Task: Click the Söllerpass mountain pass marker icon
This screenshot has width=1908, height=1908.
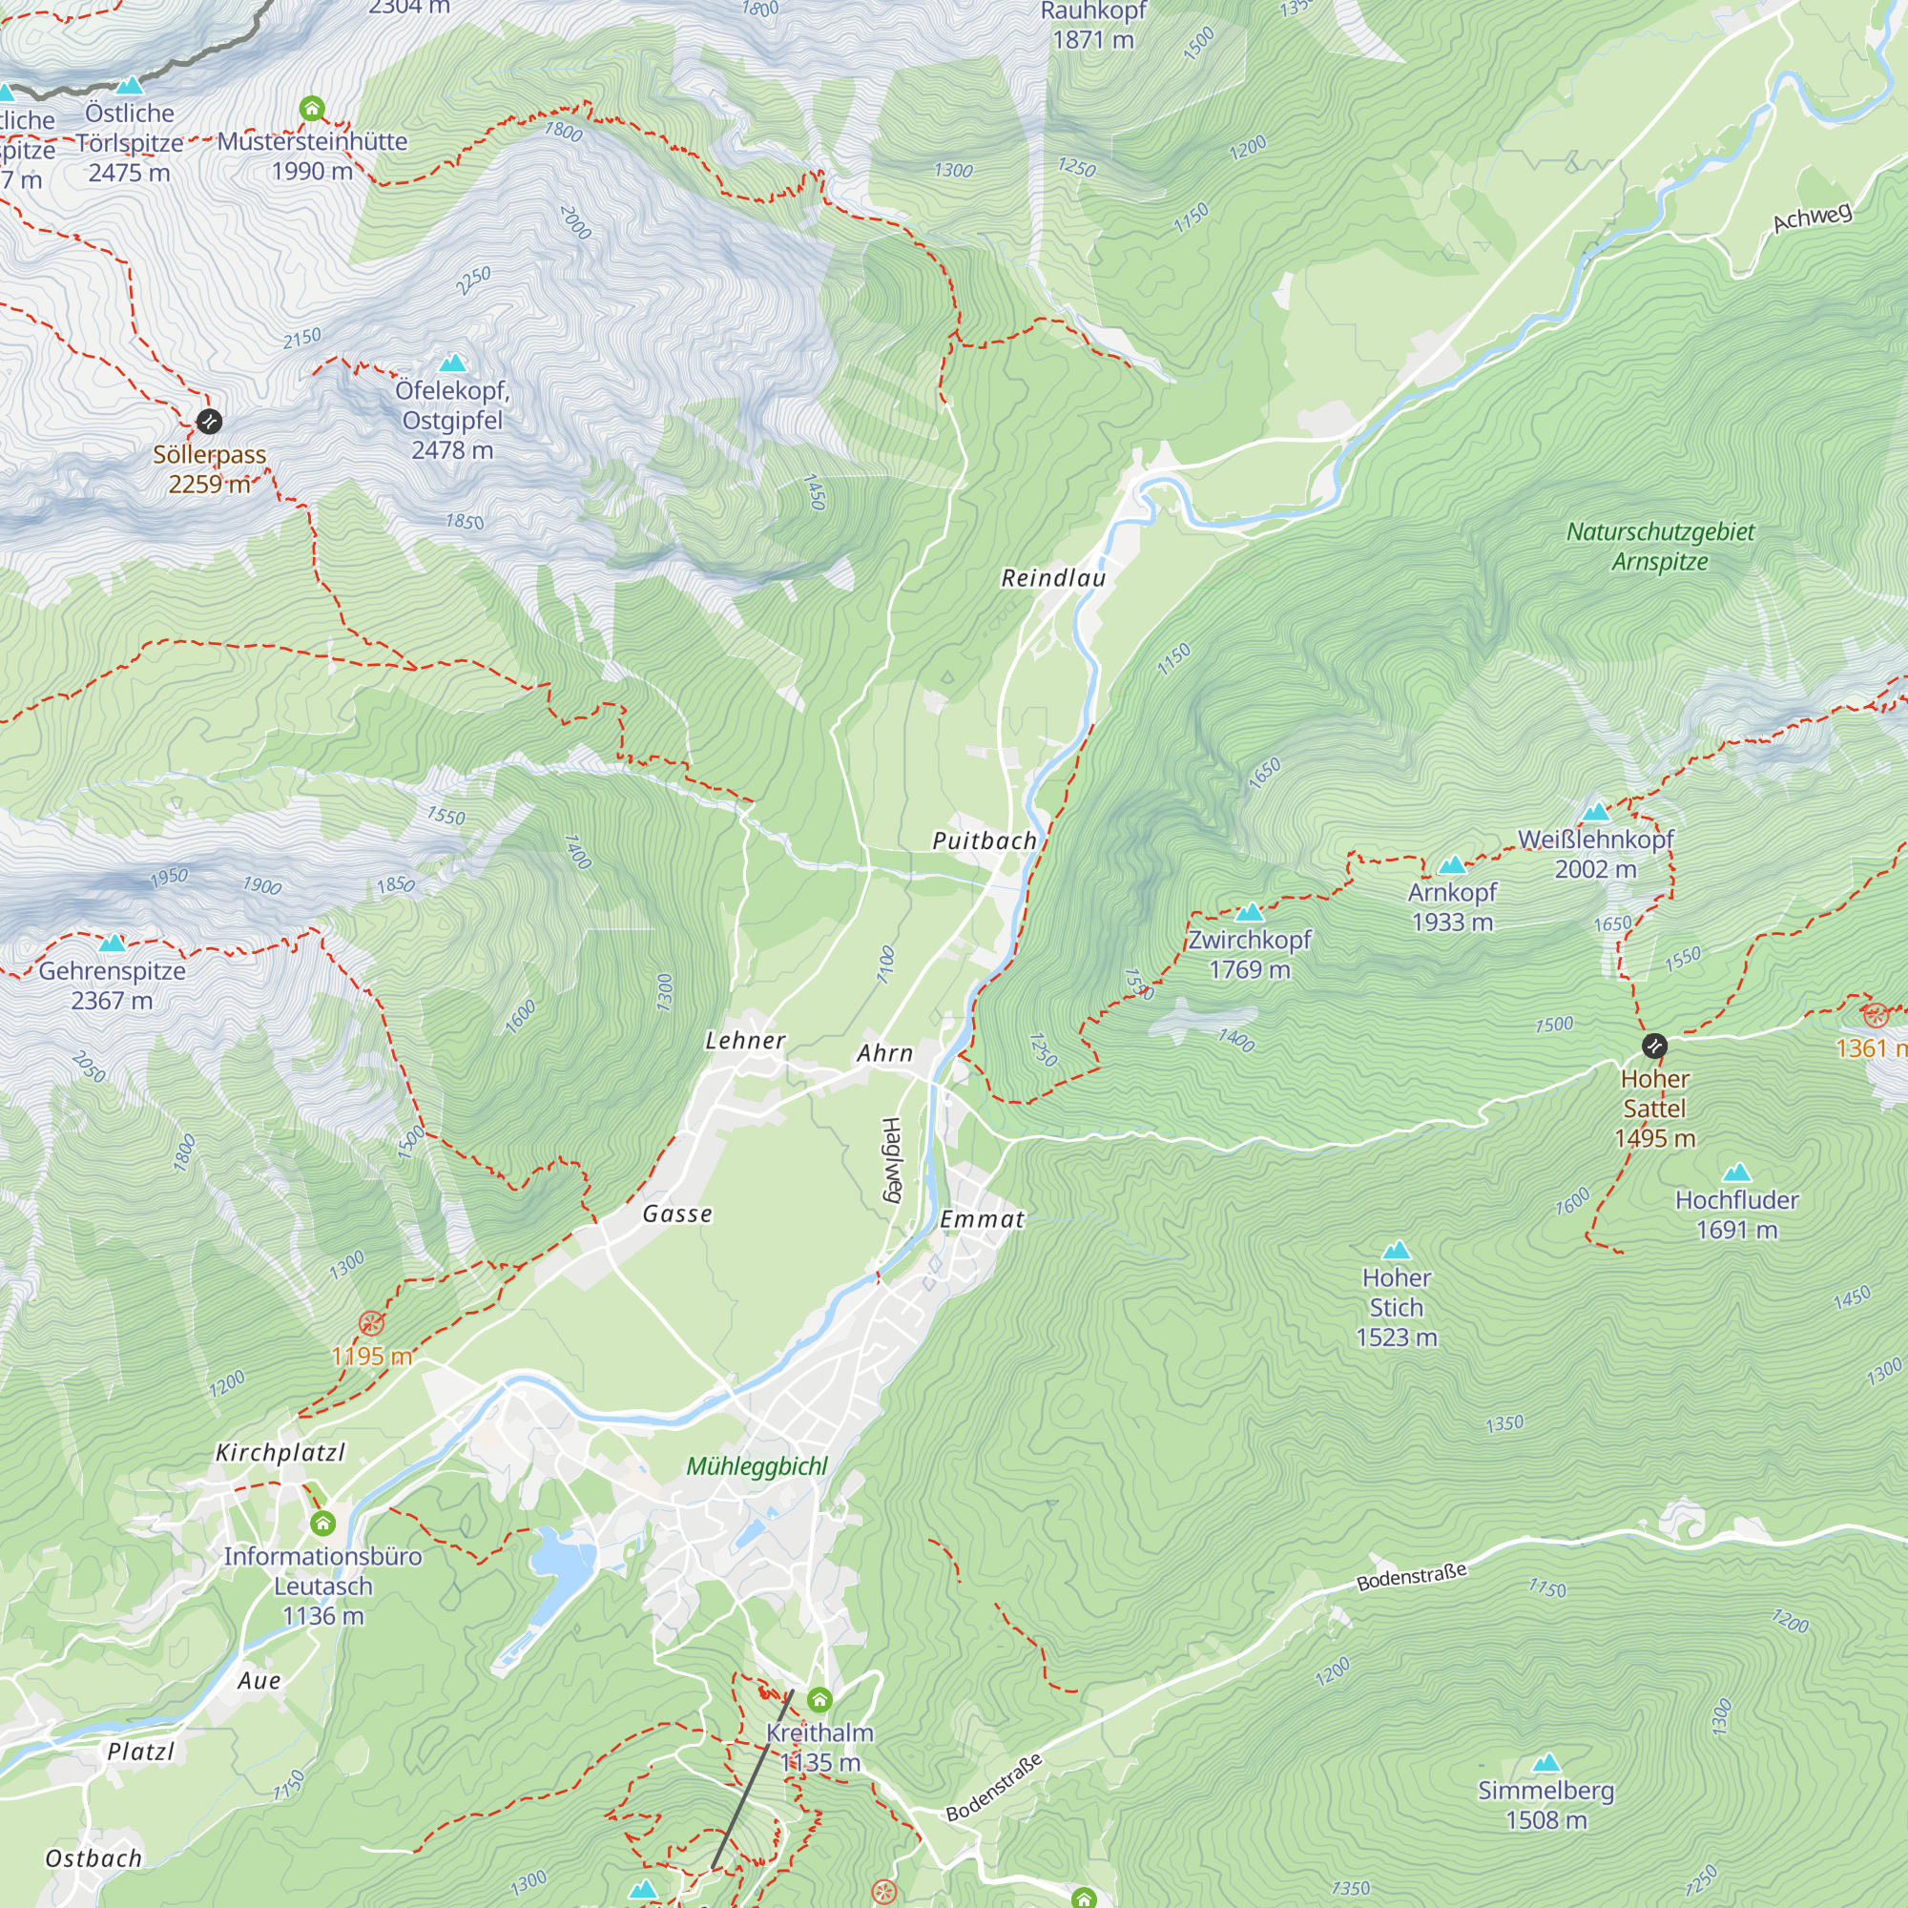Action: point(208,422)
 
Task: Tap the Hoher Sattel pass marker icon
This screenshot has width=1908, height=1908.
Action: point(1654,1045)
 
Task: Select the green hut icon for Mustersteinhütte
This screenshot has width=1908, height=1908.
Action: point(312,108)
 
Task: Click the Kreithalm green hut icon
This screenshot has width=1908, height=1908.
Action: point(819,1700)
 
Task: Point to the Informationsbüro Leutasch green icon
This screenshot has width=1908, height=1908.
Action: point(323,1524)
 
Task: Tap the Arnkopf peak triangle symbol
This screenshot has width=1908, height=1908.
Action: point(1452,866)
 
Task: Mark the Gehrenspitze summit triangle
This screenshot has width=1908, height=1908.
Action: point(113,944)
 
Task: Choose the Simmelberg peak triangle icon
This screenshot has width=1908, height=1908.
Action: point(1546,1763)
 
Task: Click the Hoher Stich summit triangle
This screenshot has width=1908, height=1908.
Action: point(1396,1251)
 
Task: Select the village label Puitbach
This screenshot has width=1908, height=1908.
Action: point(985,840)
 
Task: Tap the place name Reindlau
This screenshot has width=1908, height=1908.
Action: point(1054,578)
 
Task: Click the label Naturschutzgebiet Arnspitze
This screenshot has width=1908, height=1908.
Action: point(1660,546)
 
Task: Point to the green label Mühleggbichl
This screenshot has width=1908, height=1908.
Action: point(757,1466)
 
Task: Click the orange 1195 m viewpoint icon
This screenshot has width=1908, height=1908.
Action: point(371,1323)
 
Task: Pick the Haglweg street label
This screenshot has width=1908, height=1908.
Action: point(891,1159)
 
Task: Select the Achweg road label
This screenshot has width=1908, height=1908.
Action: point(1813,218)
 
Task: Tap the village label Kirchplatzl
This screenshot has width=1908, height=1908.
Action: point(280,1453)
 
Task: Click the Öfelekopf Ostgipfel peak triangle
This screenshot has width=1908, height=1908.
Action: point(452,363)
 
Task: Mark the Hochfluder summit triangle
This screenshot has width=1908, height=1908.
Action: point(1736,1173)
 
